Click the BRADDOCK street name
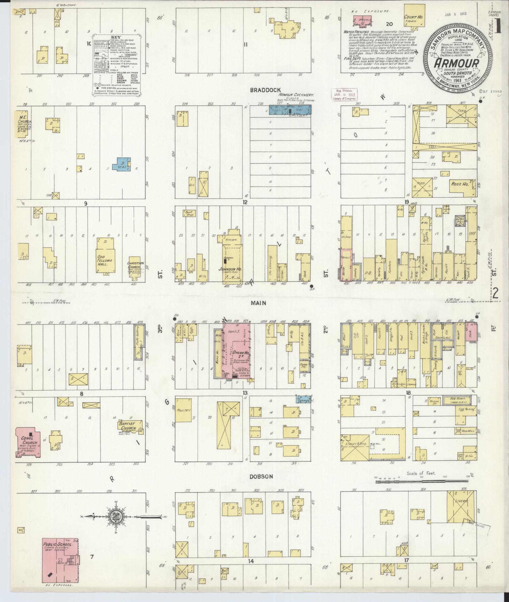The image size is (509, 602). pos(261,90)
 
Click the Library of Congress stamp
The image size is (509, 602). pos(343,94)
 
